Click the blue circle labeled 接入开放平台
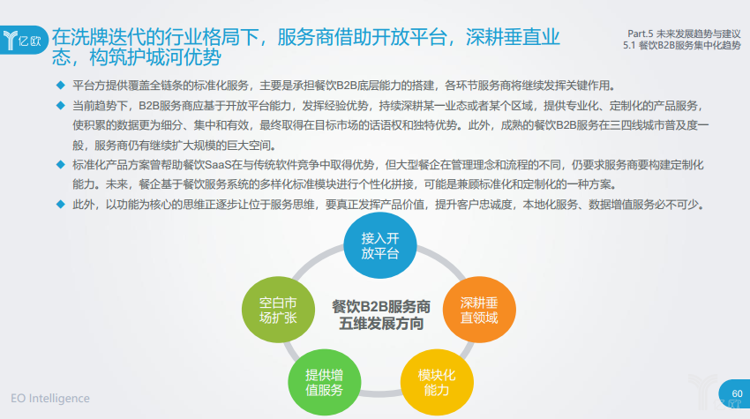click(x=380, y=246)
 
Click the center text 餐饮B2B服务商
click(x=381, y=306)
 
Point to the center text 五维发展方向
click(x=381, y=325)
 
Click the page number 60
click(x=737, y=393)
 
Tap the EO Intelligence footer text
click(x=50, y=399)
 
